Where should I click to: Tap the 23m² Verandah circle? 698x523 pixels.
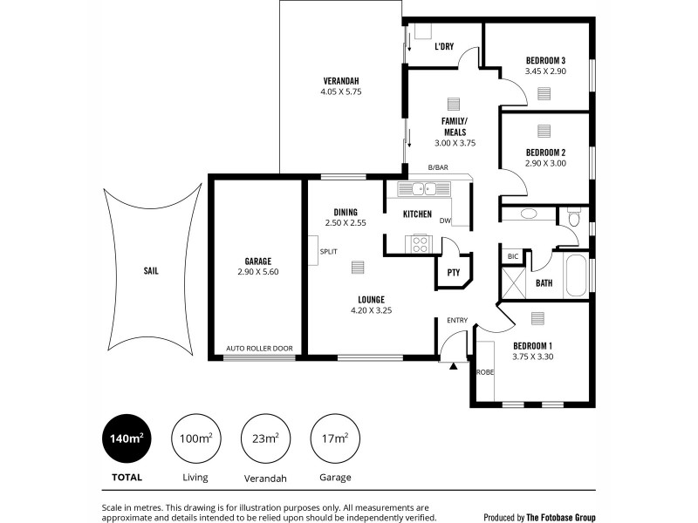pyautogui.click(x=266, y=439)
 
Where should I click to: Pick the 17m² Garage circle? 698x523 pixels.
pyautogui.click(x=335, y=439)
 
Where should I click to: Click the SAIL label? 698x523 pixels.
pyautogui.click(x=151, y=270)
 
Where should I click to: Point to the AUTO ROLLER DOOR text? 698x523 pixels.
pyautogui.click(x=259, y=349)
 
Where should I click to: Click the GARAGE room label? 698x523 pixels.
pyautogui.click(x=258, y=261)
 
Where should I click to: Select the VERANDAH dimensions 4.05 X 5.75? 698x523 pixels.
pyautogui.click(x=340, y=92)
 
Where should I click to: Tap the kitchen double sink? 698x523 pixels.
pyautogui.click(x=424, y=188)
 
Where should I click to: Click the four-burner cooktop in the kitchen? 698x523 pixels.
pyautogui.click(x=419, y=244)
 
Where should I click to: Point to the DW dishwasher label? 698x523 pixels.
pyautogui.click(x=445, y=221)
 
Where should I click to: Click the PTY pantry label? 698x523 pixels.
pyautogui.click(x=453, y=272)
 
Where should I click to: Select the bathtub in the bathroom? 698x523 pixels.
pyautogui.click(x=577, y=276)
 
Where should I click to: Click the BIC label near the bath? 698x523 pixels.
pyautogui.click(x=513, y=257)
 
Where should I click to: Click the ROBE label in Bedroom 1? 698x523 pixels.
pyautogui.click(x=484, y=372)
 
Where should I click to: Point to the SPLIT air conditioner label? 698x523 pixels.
pyautogui.click(x=328, y=251)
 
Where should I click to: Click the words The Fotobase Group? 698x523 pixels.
pyautogui.click(x=561, y=517)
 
